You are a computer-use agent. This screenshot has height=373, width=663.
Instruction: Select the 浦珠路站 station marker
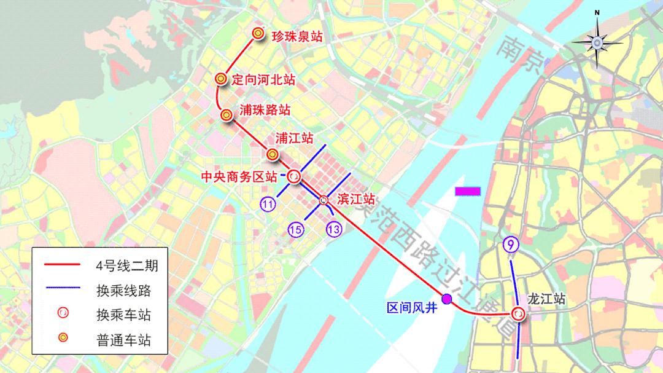tap(227, 114)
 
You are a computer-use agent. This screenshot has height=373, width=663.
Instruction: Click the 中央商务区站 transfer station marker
tap(294, 177)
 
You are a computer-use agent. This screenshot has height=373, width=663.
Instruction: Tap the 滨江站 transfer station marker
tap(324, 200)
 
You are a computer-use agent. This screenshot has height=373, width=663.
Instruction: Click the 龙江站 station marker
tap(519, 314)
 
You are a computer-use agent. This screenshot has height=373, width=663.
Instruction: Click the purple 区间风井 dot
tap(447, 299)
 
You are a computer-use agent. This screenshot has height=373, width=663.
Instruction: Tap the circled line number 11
tap(267, 205)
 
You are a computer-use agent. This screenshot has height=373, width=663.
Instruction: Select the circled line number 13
tap(334, 229)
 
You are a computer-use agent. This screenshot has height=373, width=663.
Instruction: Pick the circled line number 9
tap(510, 245)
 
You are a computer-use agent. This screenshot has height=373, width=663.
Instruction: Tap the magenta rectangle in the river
tap(468, 191)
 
